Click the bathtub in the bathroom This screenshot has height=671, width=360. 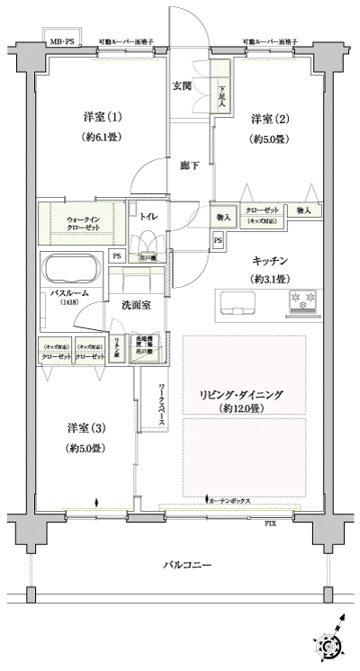tap(73, 270)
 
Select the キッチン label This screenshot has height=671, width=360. tap(269, 260)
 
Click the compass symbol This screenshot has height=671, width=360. tap(328, 643)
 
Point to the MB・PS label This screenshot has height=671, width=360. tap(63, 42)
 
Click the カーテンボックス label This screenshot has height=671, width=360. tap(232, 500)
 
